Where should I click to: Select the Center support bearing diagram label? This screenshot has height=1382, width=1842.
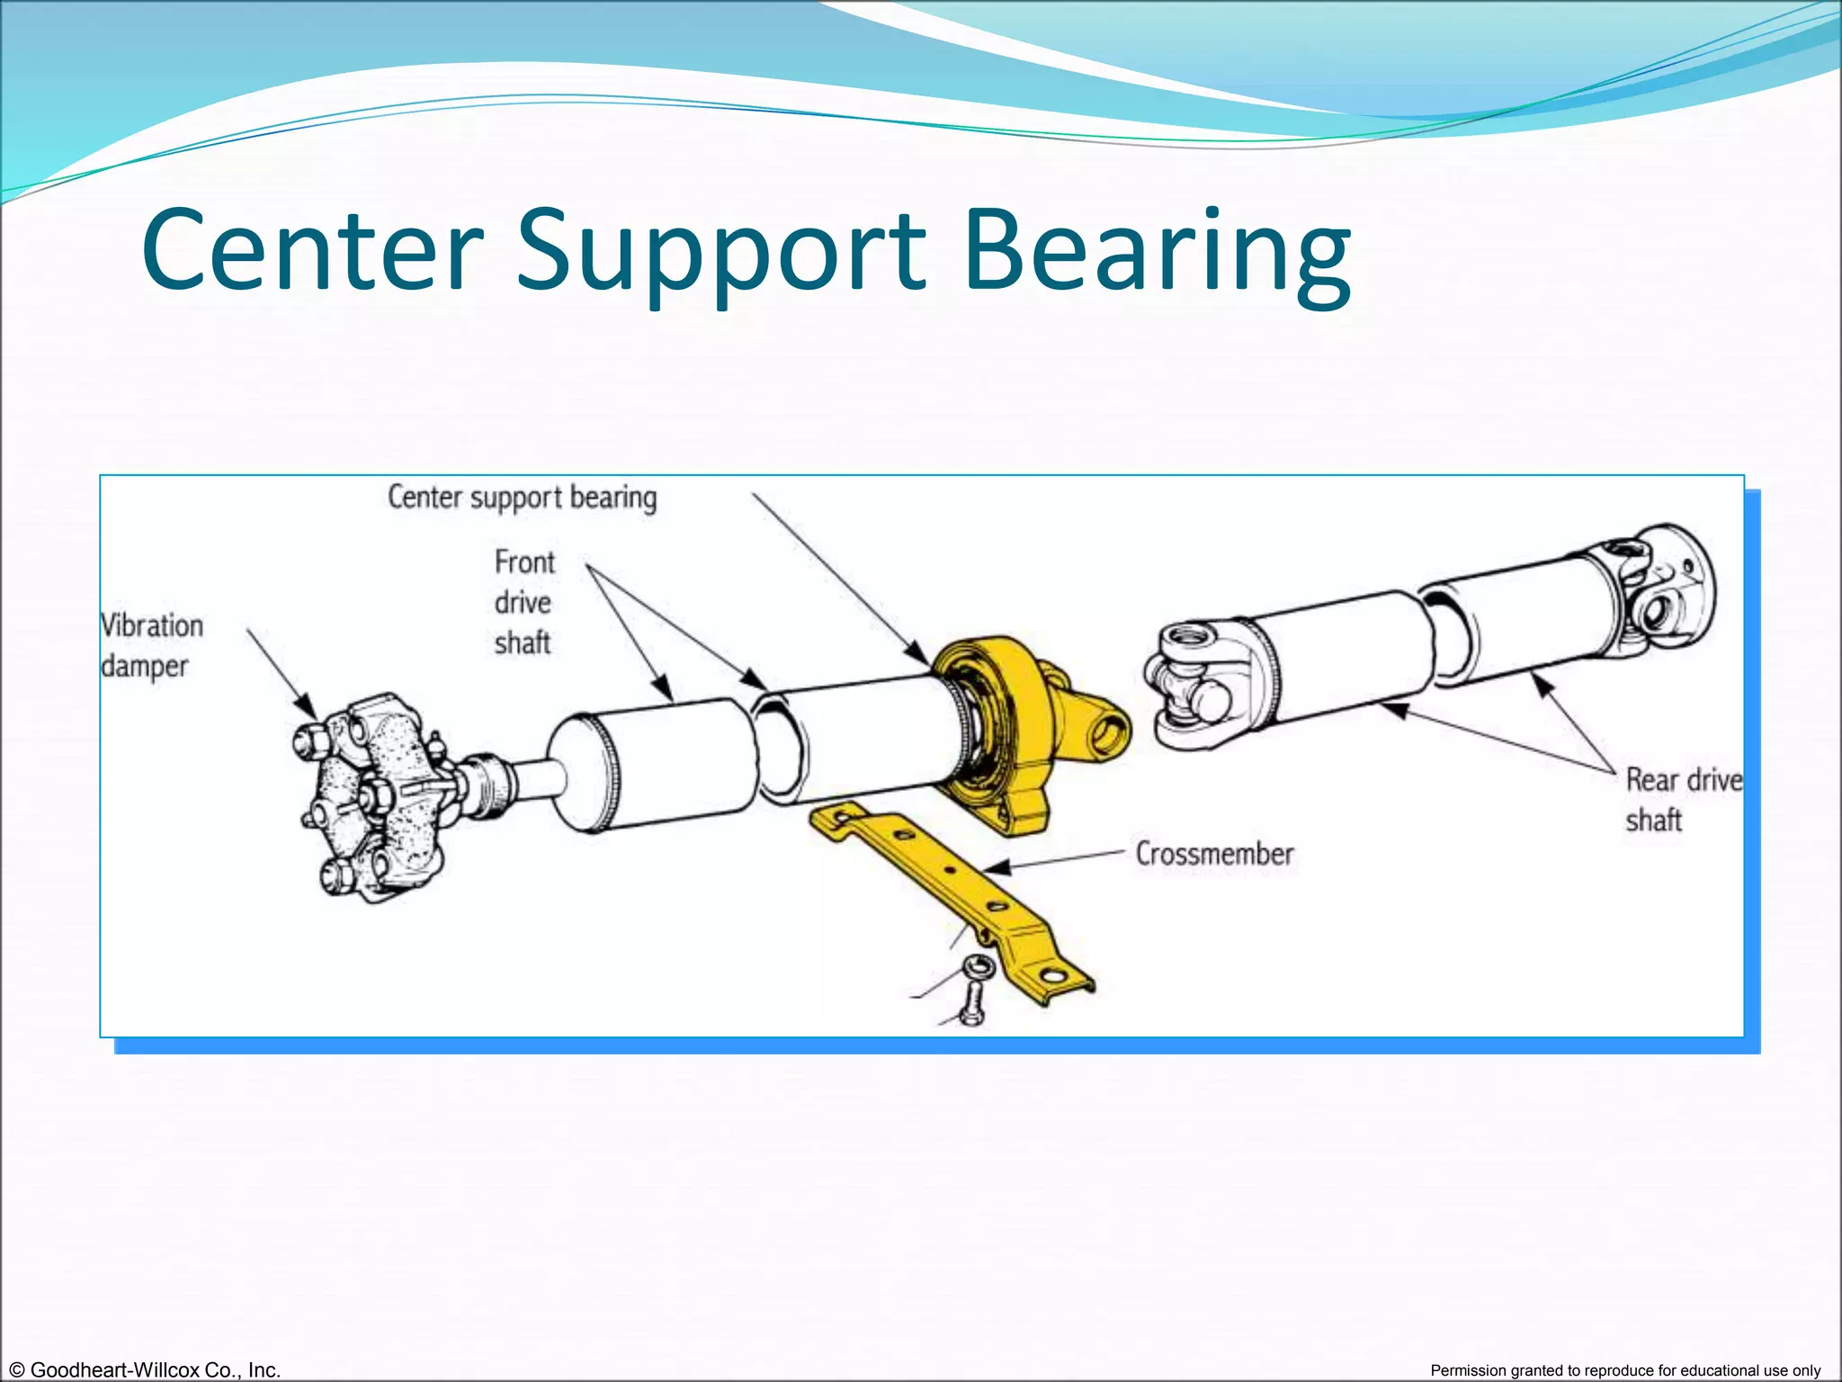coord(522,498)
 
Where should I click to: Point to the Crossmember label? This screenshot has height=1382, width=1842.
coord(1214,853)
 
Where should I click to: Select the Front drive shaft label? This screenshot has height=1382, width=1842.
coord(523,602)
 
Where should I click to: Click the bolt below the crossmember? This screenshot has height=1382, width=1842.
coord(972,1006)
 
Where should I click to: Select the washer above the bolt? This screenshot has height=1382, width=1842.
coord(977,967)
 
